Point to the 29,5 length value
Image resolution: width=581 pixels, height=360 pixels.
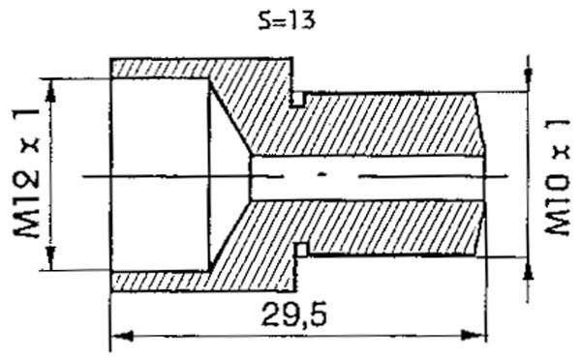click(288, 315)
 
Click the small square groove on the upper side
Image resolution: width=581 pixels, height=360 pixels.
click(299, 99)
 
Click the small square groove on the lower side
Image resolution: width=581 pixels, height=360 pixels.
click(300, 250)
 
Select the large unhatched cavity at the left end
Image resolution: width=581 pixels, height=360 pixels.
click(160, 175)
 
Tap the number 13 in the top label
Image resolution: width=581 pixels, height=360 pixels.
click(303, 19)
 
